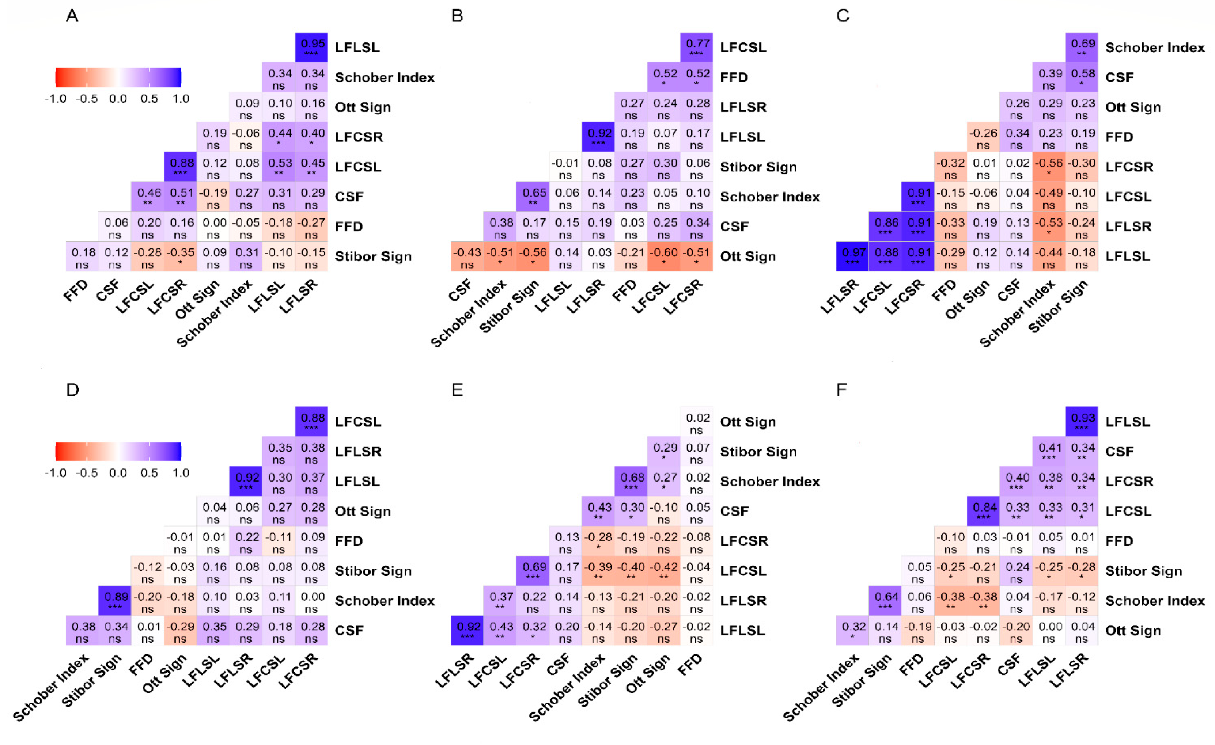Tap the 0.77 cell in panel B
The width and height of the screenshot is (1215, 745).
click(x=696, y=47)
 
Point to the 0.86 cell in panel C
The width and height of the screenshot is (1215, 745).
click(x=885, y=226)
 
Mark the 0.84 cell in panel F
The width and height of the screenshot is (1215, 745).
click(x=983, y=511)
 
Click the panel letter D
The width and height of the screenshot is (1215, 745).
click(x=72, y=390)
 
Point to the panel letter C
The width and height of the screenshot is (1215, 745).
click(x=843, y=16)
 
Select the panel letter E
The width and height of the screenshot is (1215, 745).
click(x=457, y=390)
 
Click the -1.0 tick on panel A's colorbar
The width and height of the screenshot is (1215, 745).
click(x=55, y=99)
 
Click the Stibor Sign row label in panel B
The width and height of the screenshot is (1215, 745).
click(x=758, y=167)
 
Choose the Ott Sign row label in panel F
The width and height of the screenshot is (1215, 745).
click(x=1133, y=630)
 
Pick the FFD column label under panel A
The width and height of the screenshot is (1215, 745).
click(x=75, y=291)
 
